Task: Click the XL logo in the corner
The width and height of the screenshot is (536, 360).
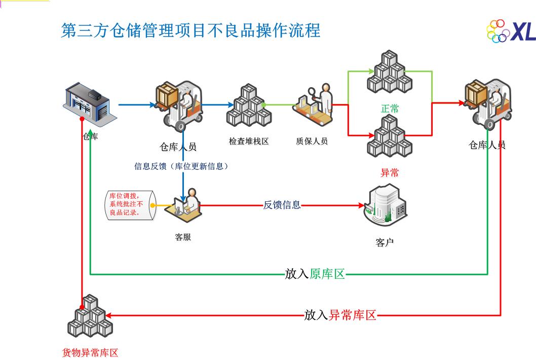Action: pos(511,31)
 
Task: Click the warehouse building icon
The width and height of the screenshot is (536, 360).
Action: pos(88,104)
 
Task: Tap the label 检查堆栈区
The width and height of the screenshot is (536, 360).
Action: pos(249,141)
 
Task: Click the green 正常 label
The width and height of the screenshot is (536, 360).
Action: pos(390,109)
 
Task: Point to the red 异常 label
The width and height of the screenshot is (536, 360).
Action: pos(390,172)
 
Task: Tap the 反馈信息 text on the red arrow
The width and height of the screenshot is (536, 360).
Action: pos(282,205)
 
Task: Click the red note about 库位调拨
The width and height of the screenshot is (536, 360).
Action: pos(127,205)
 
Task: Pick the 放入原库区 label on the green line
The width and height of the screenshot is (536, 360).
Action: pos(315,274)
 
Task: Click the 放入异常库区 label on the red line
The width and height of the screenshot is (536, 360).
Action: pos(340,315)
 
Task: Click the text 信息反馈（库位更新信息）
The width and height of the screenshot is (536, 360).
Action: pos(181,166)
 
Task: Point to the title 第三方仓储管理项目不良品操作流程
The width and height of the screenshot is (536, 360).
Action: pos(190,30)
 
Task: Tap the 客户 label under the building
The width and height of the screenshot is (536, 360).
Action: pos(385,242)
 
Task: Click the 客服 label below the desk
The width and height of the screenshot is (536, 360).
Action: pos(183,237)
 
